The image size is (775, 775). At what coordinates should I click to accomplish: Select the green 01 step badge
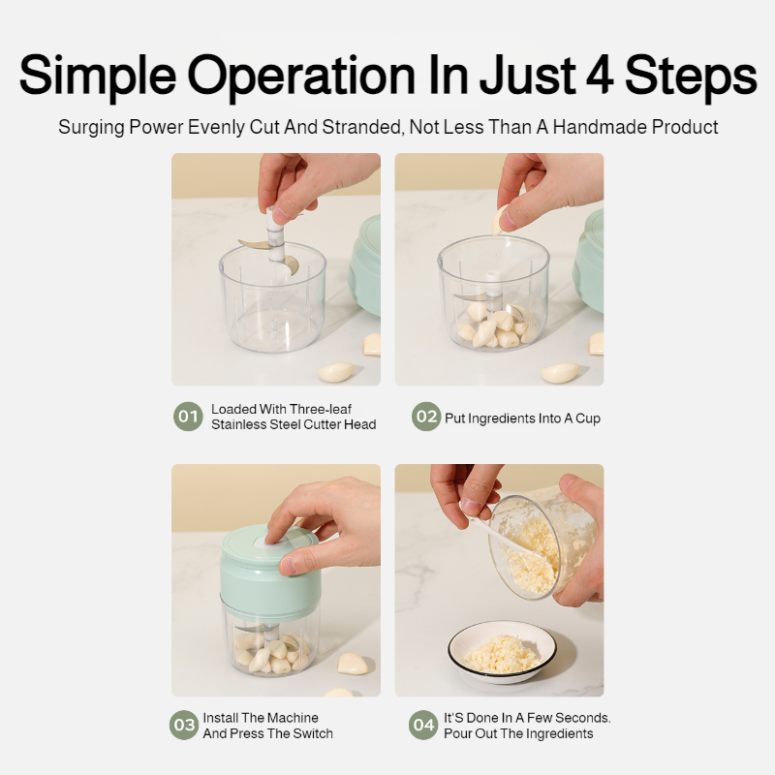[188, 418]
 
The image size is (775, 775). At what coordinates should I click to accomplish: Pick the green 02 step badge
[425, 418]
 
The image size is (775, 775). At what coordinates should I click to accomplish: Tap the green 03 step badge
[183, 726]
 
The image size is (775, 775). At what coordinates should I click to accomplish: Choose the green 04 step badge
[423, 726]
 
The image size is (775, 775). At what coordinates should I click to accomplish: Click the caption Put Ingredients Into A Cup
[522, 418]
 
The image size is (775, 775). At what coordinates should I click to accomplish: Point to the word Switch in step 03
[312, 733]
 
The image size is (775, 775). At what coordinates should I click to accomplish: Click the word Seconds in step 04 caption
[583, 718]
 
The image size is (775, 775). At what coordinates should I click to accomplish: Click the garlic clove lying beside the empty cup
[337, 372]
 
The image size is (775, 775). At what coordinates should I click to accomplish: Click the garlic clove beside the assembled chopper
[352, 664]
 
